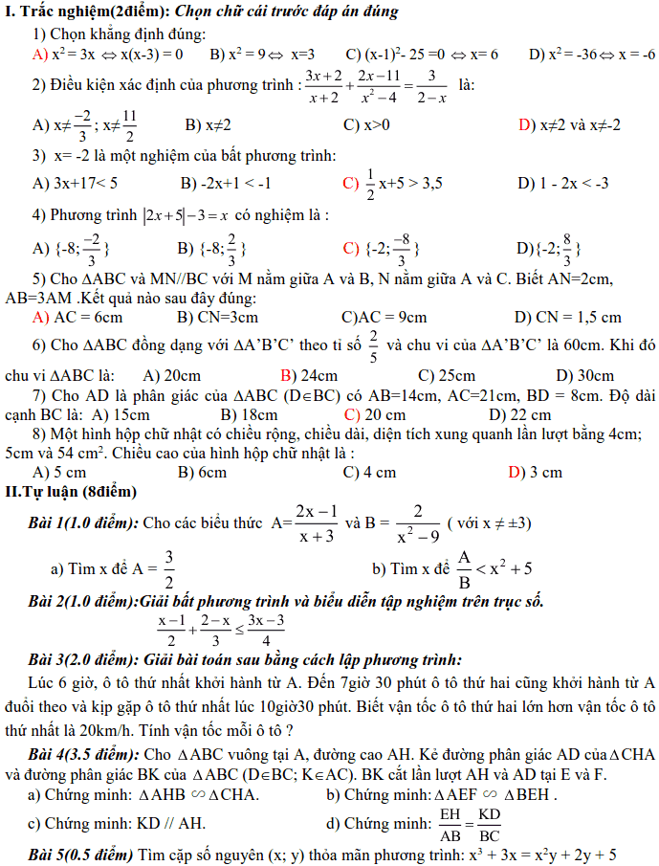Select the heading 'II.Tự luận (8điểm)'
click(71, 492)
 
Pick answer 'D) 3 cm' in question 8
click(535, 472)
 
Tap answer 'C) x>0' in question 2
click(366, 125)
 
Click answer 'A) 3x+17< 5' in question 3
click(75, 183)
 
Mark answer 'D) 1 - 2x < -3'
click(563, 183)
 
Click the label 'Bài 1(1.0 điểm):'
click(84, 523)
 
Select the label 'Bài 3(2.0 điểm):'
click(84, 659)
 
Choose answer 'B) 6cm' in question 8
click(202, 472)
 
